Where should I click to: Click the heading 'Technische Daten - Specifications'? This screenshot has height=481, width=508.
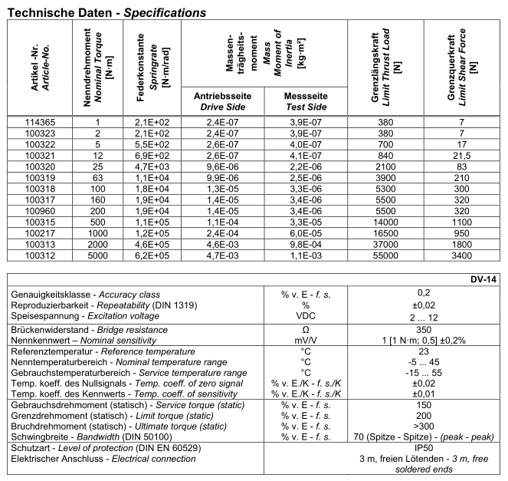[x=107, y=13]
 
